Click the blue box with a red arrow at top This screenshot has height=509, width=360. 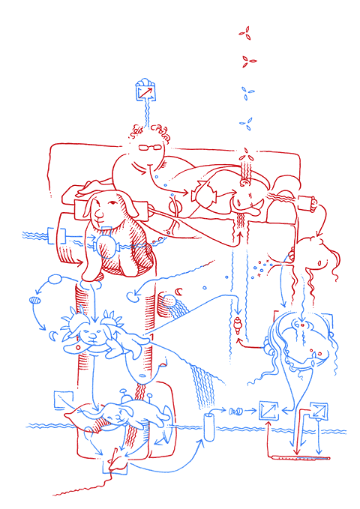point(144,91)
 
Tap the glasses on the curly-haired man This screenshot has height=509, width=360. point(151,147)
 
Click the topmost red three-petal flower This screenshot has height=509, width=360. point(244,31)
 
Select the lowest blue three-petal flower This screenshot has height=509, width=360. point(245,122)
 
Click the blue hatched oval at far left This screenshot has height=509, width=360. point(34,301)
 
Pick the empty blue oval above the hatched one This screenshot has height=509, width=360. point(56,280)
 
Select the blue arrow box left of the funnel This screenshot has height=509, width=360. point(267,409)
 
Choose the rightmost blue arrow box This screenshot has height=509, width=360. point(319,411)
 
